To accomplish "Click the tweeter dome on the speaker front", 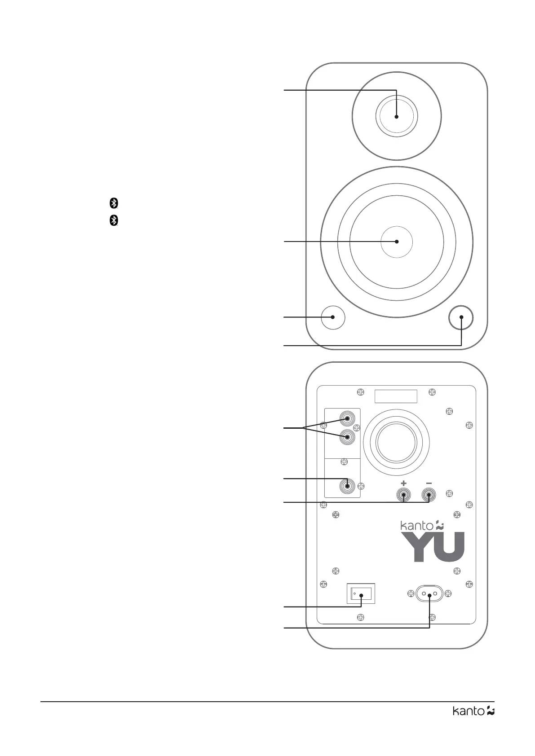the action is [396, 116].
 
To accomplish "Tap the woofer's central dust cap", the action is [396, 242].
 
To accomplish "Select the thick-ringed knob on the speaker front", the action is [461, 317].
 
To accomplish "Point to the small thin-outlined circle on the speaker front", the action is [333, 317].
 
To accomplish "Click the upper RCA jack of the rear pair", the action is [347, 419].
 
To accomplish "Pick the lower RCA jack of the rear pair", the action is [347, 436].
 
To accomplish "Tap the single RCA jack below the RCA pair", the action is [347, 485].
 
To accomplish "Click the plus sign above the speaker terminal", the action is [403, 483].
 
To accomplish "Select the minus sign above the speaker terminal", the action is [429, 483].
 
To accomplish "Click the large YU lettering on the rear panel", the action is [433, 547].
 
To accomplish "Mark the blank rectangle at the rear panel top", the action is [396, 396].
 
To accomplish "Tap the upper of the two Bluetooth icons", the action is [114, 203].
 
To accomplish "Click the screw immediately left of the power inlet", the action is [411, 593].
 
